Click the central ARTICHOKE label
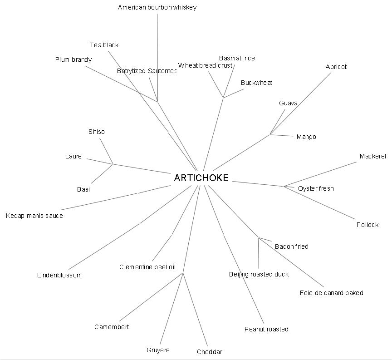[201, 178]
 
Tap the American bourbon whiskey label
[157, 7]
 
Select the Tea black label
[104, 45]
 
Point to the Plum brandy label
[73, 59]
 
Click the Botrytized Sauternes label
[147, 71]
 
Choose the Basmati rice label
[237, 58]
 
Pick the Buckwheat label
[256, 83]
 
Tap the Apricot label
[336, 67]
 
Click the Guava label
[288, 103]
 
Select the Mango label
[306, 137]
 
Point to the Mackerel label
[372, 156]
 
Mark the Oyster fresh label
[316, 188]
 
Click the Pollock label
[367, 225]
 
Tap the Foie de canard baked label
[331, 293]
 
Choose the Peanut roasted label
[266, 329]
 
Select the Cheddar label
[210, 352]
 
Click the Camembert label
[112, 327]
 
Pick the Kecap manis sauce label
[34, 216]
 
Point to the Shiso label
[96, 132]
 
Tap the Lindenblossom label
[59, 275]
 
